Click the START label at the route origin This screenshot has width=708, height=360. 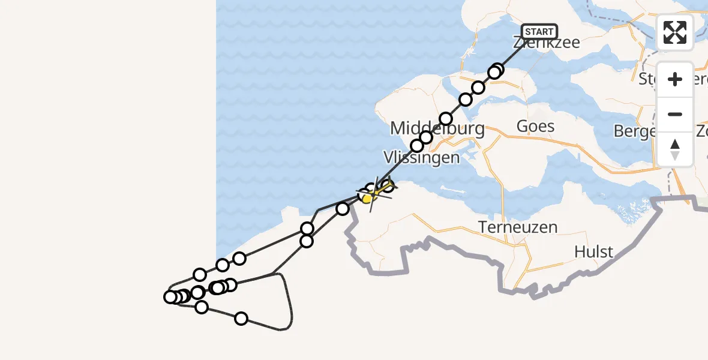tap(539, 32)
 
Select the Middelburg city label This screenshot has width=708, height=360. tap(437, 128)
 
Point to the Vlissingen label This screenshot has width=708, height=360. tap(421, 158)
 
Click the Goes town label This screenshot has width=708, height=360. tap(535, 127)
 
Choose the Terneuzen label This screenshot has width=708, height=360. tap(518, 227)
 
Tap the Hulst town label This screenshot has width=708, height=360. tap(593, 251)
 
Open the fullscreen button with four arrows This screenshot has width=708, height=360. tap(675, 32)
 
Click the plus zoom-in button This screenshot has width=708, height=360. tap(675, 79)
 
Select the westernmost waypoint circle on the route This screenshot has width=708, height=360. tap(170, 297)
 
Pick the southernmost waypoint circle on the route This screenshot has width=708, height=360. tap(241, 318)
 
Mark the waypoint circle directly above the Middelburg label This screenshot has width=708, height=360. tap(446, 118)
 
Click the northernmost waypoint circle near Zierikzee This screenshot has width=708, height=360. tap(497, 70)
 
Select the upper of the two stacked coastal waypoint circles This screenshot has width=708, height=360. tap(307, 228)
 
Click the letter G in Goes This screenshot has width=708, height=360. tap(523, 127)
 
